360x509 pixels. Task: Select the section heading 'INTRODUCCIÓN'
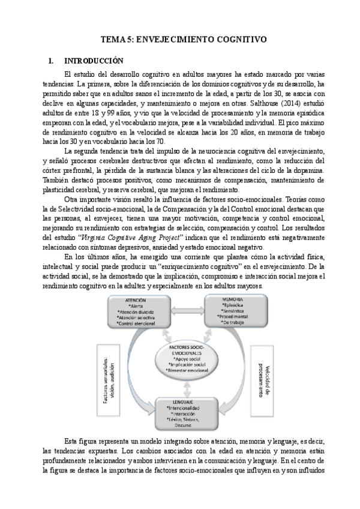point(94,61)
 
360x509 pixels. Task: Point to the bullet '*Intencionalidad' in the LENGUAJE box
point(184,408)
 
